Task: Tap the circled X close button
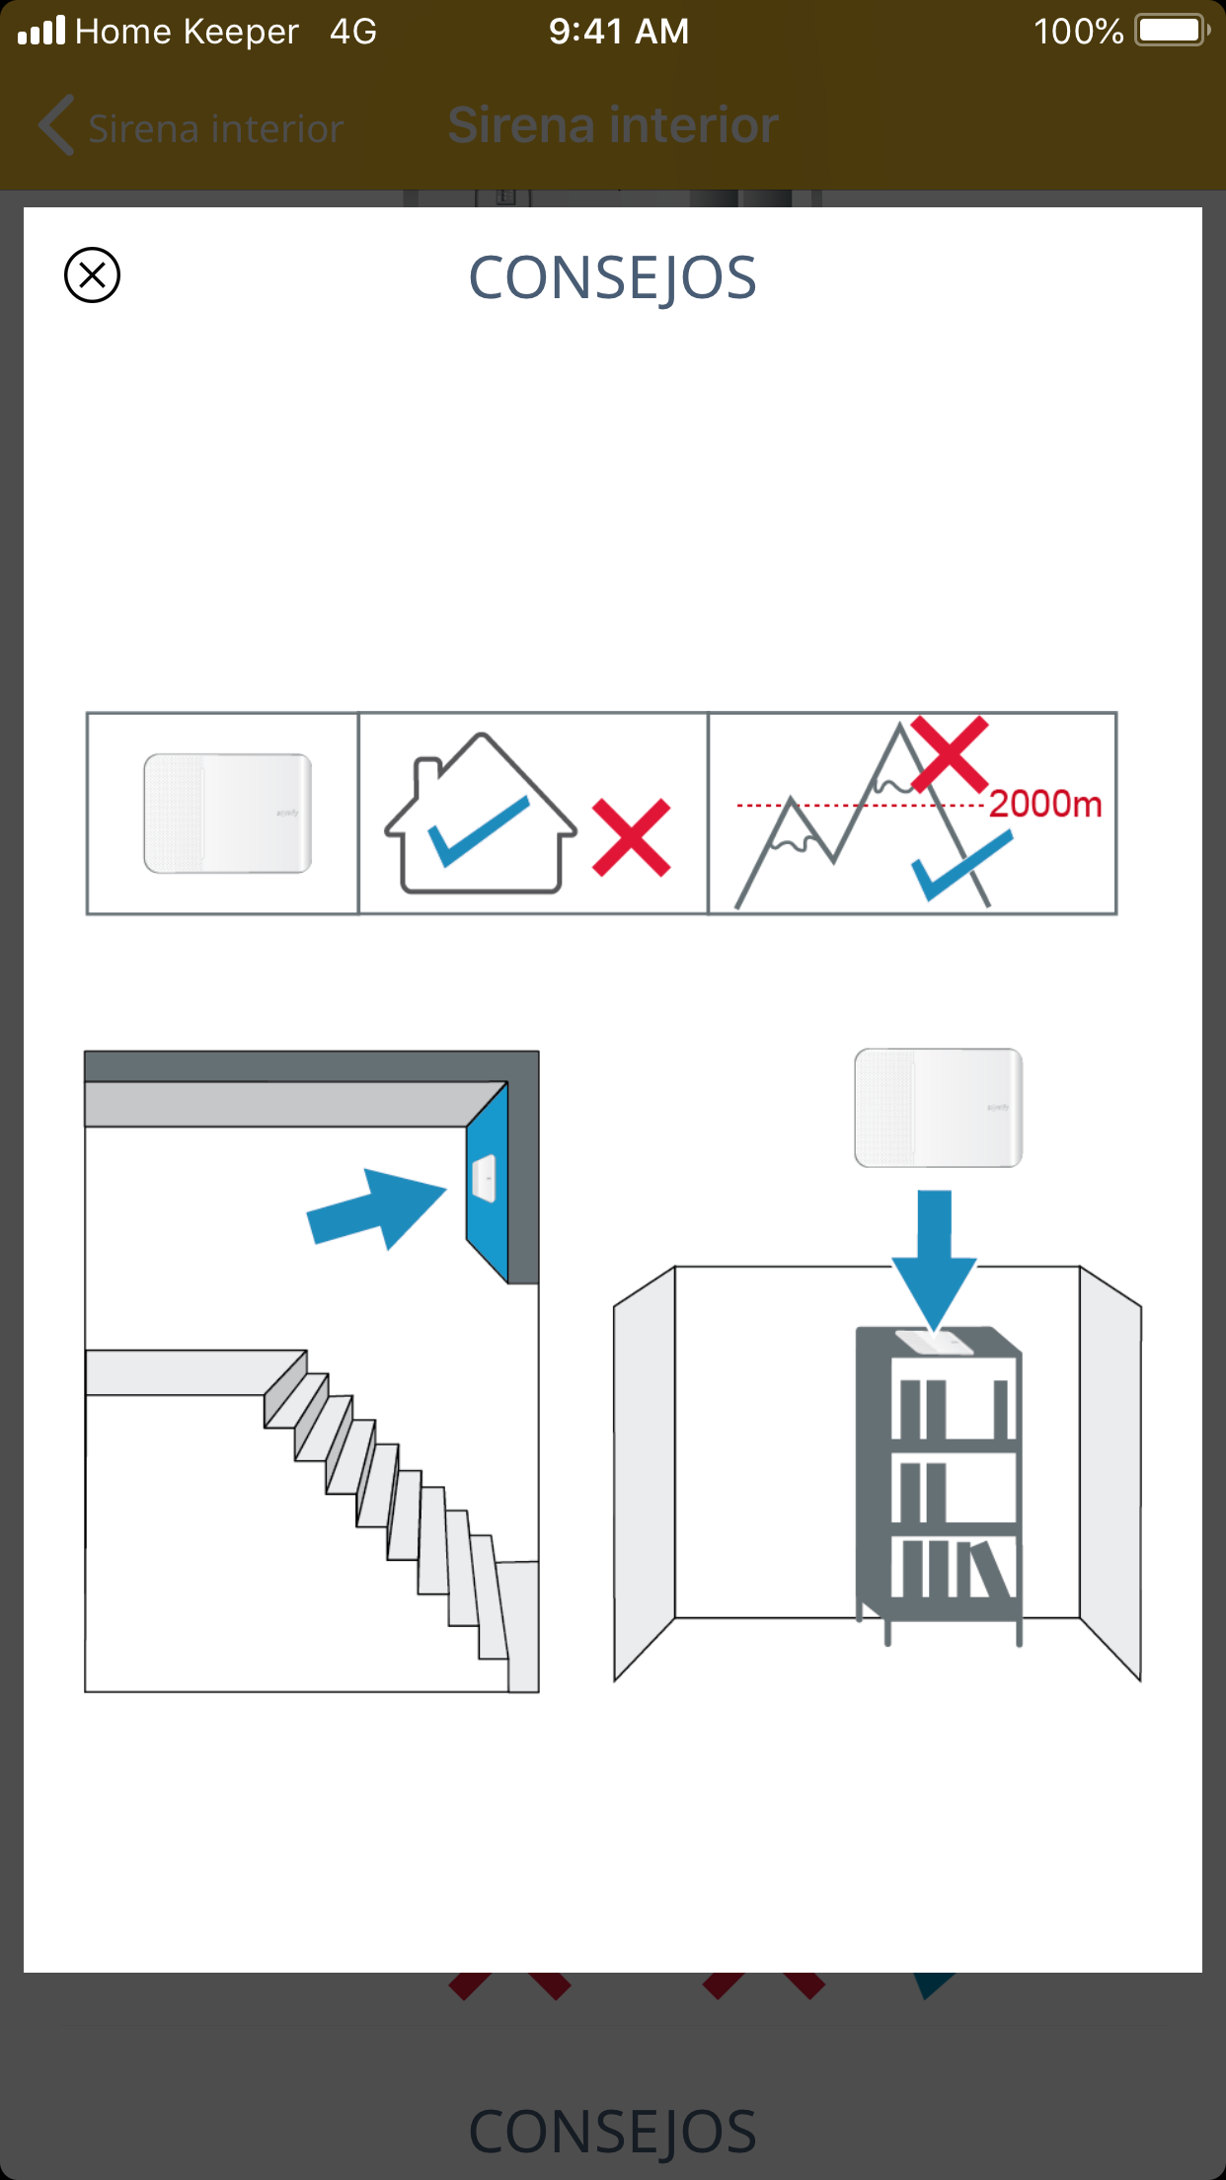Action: pos(92,274)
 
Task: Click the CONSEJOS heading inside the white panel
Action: pos(612,278)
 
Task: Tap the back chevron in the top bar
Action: pos(56,125)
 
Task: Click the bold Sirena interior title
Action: pos(613,125)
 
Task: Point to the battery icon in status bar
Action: pos(1173,31)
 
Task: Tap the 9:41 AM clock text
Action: pos(619,32)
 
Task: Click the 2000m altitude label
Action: pos(1045,804)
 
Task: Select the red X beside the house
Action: pos(632,838)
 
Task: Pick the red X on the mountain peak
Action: pos(950,754)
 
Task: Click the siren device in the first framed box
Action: pos(228,814)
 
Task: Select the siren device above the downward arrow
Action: pos(939,1108)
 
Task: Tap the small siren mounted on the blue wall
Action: pos(485,1179)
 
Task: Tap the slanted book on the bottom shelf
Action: pos(992,1569)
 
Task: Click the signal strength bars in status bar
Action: pos(41,31)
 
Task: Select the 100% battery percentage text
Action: pos(1078,32)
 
